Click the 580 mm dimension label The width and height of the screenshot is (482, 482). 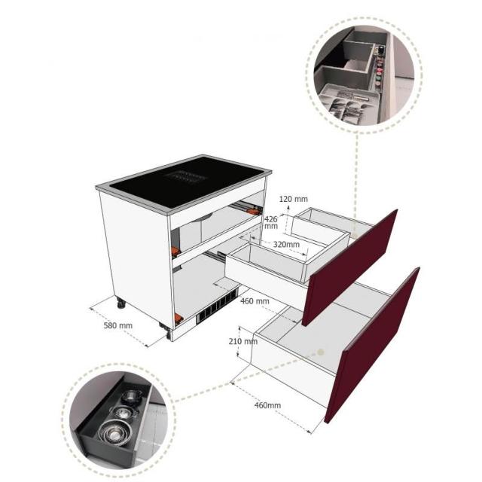pyautogui.click(x=118, y=325)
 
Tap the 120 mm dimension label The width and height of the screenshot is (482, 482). pyautogui.click(x=293, y=199)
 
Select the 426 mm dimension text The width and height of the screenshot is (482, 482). pyautogui.click(x=271, y=223)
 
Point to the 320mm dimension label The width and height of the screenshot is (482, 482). pyautogui.click(x=286, y=244)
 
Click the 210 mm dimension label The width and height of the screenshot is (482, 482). pyautogui.click(x=243, y=341)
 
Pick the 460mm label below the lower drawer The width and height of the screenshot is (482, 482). pyautogui.click(x=267, y=405)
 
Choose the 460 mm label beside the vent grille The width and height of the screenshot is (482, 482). pyautogui.click(x=255, y=301)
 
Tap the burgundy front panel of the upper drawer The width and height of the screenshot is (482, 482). pyautogui.click(x=349, y=267)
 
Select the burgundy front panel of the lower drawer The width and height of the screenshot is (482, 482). pyautogui.click(x=372, y=345)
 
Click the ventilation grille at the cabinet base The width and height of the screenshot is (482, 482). pyautogui.click(x=218, y=306)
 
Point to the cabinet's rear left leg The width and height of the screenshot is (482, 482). pyautogui.click(x=121, y=304)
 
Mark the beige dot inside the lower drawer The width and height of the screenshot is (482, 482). pyautogui.click(x=320, y=352)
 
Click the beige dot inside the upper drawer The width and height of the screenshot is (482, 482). pyautogui.click(x=355, y=234)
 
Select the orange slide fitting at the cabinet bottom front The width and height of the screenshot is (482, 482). pyautogui.click(x=178, y=318)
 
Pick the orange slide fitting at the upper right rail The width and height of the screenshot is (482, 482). pyautogui.click(x=255, y=212)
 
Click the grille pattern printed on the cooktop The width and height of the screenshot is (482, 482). pyautogui.click(x=185, y=177)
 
